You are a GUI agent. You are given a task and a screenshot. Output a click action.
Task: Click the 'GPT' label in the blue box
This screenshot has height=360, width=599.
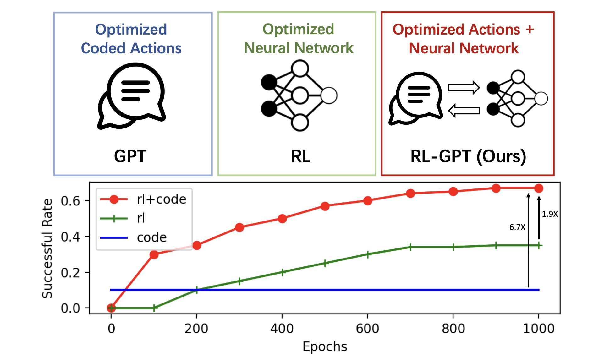click(x=130, y=156)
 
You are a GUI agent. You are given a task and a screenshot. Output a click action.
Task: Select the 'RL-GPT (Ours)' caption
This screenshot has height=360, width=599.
click(x=468, y=156)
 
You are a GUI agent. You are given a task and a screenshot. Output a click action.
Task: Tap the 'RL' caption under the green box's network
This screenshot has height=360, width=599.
click(x=300, y=156)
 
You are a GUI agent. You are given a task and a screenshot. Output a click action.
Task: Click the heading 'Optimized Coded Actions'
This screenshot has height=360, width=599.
click(x=131, y=39)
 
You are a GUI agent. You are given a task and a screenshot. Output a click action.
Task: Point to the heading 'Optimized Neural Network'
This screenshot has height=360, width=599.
click(x=298, y=38)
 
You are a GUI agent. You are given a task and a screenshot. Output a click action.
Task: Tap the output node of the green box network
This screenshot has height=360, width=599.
click(x=329, y=96)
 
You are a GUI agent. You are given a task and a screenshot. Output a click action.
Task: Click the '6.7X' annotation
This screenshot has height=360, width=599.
click(x=517, y=227)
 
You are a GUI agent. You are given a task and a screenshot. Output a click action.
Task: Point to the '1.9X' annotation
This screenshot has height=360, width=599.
click(x=550, y=214)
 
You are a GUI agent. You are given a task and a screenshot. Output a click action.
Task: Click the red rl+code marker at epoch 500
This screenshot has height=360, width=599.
click(x=325, y=206)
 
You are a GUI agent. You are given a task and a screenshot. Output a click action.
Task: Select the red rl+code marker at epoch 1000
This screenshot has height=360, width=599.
click(x=539, y=188)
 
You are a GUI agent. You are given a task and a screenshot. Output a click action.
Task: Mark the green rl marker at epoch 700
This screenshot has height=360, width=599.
click(x=410, y=247)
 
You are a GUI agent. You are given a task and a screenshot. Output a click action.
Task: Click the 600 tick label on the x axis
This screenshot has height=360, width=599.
click(x=367, y=329)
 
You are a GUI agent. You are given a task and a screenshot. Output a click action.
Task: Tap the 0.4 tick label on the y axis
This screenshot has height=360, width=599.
click(x=70, y=237)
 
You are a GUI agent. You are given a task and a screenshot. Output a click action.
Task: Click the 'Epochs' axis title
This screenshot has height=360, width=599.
click(x=325, y=346)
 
